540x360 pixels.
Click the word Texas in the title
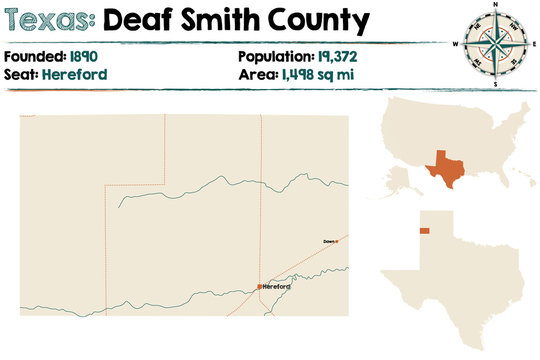pyautogui.click(x=49, y=19)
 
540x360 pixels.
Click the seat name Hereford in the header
pyautogui.click(x=75, y=74)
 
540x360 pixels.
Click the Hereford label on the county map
pyautogui.click(x=277, y=287)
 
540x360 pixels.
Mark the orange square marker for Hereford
pyautogui.click(x=259, y=286)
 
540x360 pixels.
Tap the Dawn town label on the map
pyautogui.click(x=329, y=241)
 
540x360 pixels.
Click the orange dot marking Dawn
pyautogui.click(x=337, y=241)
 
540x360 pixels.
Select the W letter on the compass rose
pyautogui.click(x=456, y=45)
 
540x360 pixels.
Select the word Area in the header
pyautogui.click(x=259, y=74)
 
